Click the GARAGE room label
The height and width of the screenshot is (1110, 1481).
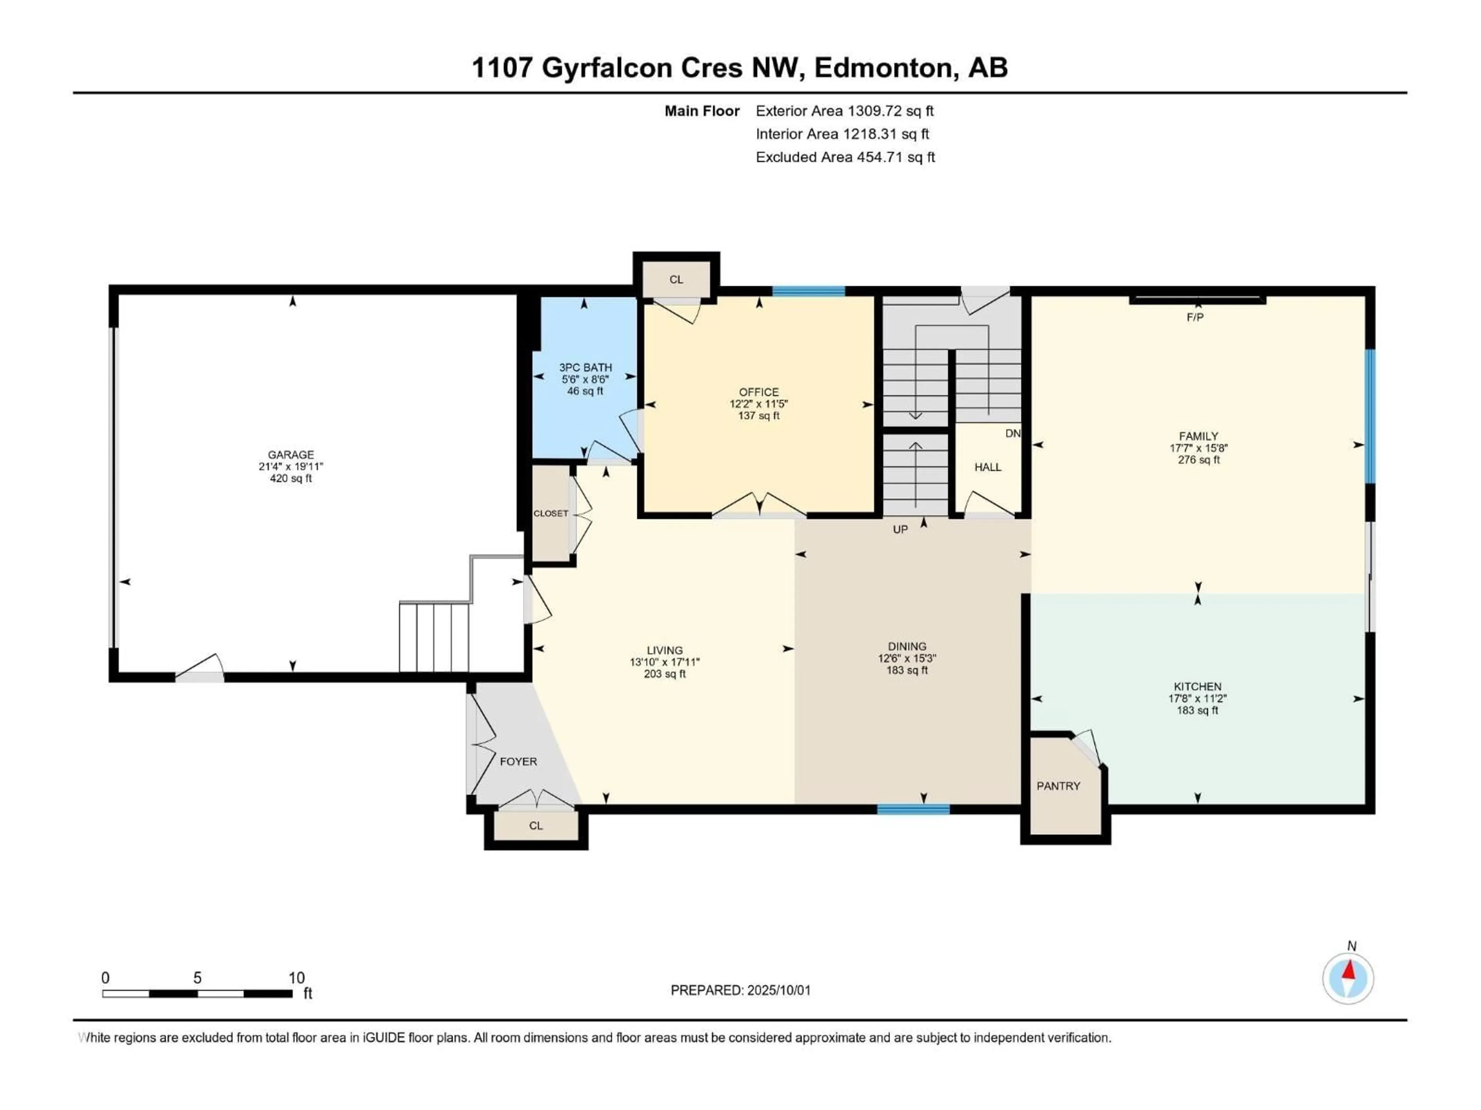pos(290,454)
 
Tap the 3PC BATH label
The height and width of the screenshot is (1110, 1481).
pos(585,367)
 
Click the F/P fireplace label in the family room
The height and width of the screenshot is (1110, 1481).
pos(1195,317)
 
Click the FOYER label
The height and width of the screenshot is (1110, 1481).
pos(518,762)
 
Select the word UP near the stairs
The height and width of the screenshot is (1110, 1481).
pos(900,529)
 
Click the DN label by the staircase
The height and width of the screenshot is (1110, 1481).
pos(1012,434)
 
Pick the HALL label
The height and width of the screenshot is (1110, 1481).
pos(988,467)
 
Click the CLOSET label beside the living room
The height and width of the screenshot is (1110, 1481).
pos(550,513)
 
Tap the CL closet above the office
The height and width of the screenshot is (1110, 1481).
pos(676,279)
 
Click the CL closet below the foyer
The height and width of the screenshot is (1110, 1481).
pos(536,826)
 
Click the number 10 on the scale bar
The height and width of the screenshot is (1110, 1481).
pos(297,977)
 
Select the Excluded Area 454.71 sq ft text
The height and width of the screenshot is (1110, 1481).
pos(845,157)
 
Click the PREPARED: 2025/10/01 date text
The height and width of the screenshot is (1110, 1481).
pos(740,990)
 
